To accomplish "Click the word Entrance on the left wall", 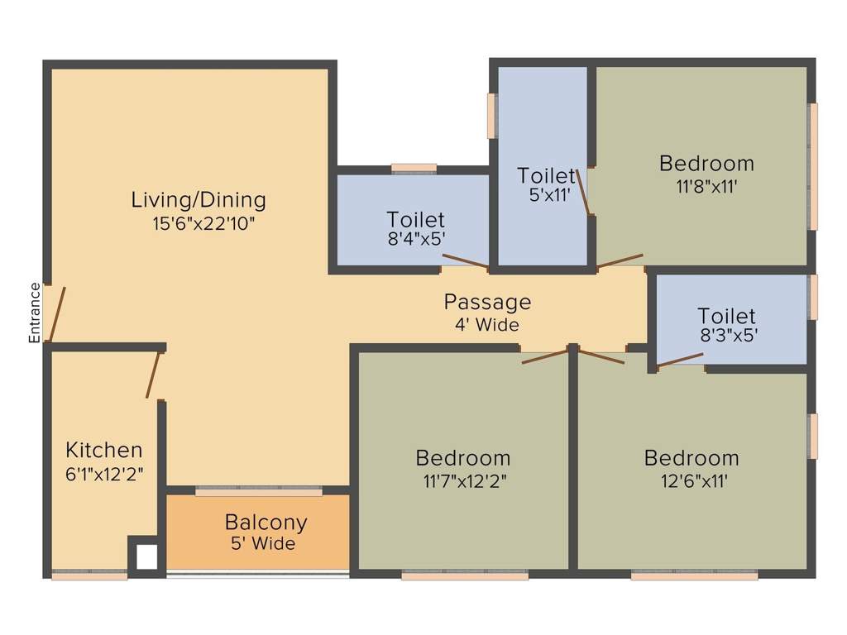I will pyautogui.click(x=35, y=313).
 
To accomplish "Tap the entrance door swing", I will pyautogui.click(x=57, y=314).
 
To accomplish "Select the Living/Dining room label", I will pyautogui.click(x=199, y=200).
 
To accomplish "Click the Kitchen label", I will pyautogui.click(x=104, y=451).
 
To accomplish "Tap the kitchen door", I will pyautogui.click(x=154, y=375).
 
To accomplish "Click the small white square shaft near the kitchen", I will pyautogui.click(x=146, y=556).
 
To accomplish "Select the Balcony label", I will pyautogui.click(x=266, y=523).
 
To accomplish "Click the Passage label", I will pyautogui.click(x=487, y=302).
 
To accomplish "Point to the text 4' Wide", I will pyautogui.click(x=487, y=324).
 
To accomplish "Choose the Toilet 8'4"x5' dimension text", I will pyautogui.click(x=416, y=240).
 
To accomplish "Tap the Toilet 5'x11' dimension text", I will pyautogui.click(x=546, y=196).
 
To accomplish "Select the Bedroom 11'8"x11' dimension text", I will pyautogui.click(x=706, y=186).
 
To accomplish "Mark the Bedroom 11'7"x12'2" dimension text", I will pyautogui.click(x=463, y=480).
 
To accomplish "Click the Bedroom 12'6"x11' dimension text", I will pyautogui.click(x=691, y=480).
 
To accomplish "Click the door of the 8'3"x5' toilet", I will pyautogui.click(x=680, y=360).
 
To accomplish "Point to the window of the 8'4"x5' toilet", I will pyautogui.click(x=414, y=168).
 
